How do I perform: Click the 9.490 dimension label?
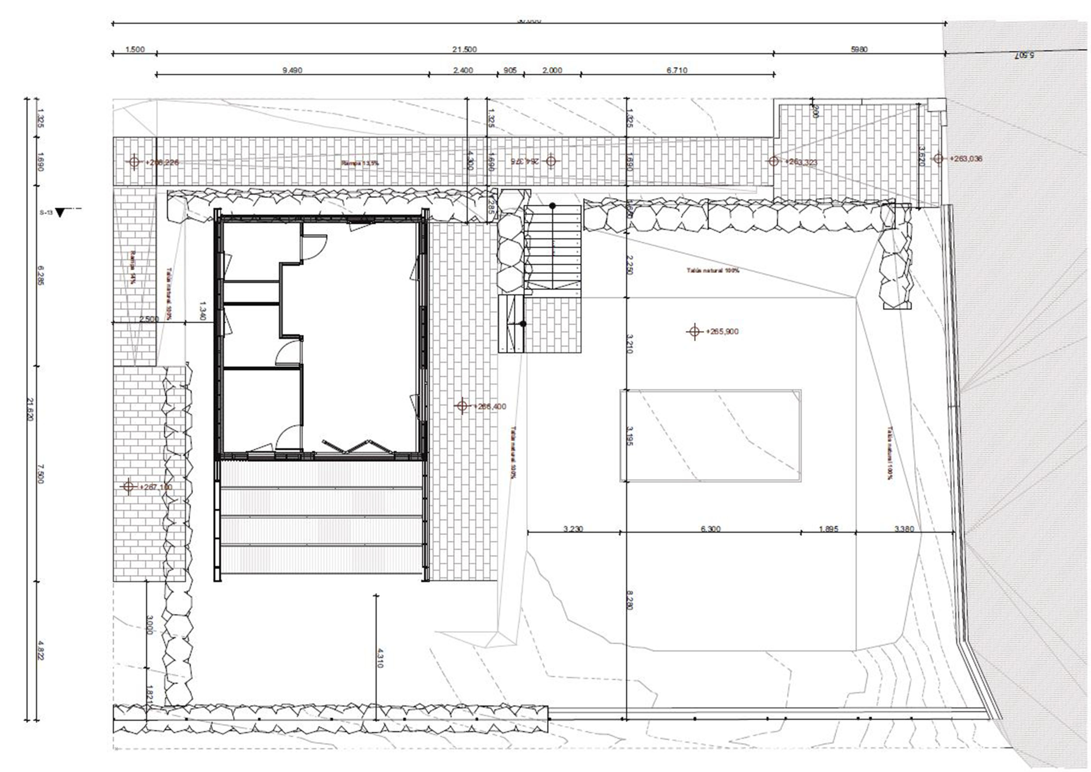(292, 70)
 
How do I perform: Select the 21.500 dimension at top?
(464, 49)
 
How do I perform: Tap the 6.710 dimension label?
(677, 70)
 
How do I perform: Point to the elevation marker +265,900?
(694, 331)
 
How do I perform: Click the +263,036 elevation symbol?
(938, 159)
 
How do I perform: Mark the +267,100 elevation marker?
(129, 486)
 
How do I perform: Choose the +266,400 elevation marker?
(463, 406)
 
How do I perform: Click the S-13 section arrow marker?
(59, 212)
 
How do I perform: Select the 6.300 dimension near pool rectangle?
(710, 528)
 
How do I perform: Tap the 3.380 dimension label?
(904, 528)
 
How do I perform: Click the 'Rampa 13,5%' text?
(360, 163)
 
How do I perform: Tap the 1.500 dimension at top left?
(135, 49)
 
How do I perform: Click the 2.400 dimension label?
(463, 70)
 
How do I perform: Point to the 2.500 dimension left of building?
(149, 319)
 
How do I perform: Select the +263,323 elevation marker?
(774, 161)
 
